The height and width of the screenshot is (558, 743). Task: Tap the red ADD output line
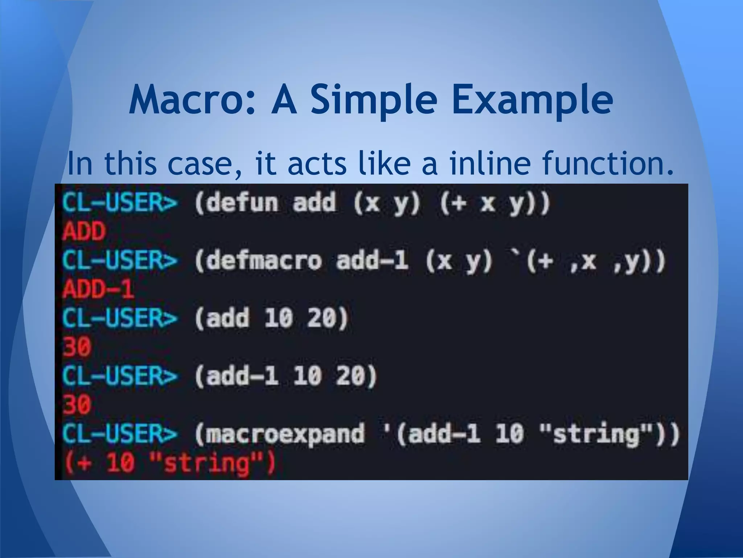[84, 231]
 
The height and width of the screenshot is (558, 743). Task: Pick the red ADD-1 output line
[98, 290]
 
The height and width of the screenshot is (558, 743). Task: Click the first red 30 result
[77, 347]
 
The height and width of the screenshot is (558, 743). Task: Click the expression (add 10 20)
[271, 318]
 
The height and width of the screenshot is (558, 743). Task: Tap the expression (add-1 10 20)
[286, 376]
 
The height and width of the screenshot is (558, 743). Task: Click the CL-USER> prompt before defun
[120, 202]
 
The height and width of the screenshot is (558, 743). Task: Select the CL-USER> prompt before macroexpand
[120, 434]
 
